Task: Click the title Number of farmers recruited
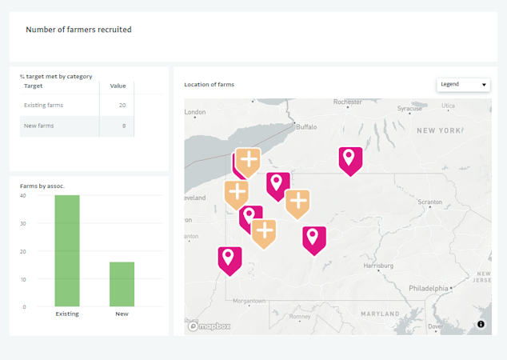tap(78, 30)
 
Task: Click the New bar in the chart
tap(122, 283)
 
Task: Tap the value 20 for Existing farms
tap(122, 105)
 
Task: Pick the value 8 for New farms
tap(124, 126)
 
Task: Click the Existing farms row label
tap(43, 105)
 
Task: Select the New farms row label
tap(39, 126)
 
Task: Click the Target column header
tap(34, 86)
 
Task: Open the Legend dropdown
tap(464, 84)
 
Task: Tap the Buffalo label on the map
tap(306, 126)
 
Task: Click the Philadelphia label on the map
tap(428, 288)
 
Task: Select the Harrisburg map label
tap(378, 265)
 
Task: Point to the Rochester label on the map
tap(348, 102)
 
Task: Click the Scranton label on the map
tap(429, 202)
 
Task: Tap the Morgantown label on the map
tap(248, 301)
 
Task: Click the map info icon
tap(481, 324)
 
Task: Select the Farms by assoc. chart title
tap(42, 186)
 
